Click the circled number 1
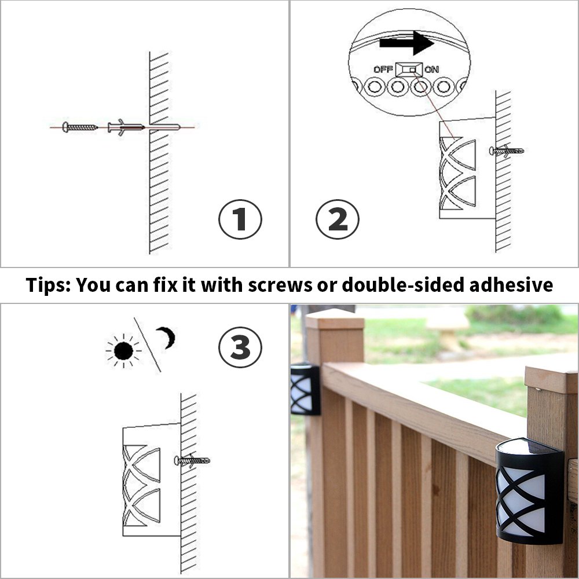click(240, 219)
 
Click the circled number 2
click(338, 219)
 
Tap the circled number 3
click(240, 347)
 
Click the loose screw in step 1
click(80, 127)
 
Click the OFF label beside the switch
click(383, 69)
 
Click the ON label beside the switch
click(432, 69)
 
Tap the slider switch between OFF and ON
click(409, 69)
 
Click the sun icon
click(123, 350)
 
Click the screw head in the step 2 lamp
click(493, 151)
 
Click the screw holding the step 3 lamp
click(192, 461)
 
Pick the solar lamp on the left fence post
click(305, 389)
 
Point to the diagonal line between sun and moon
click(147, 344)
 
